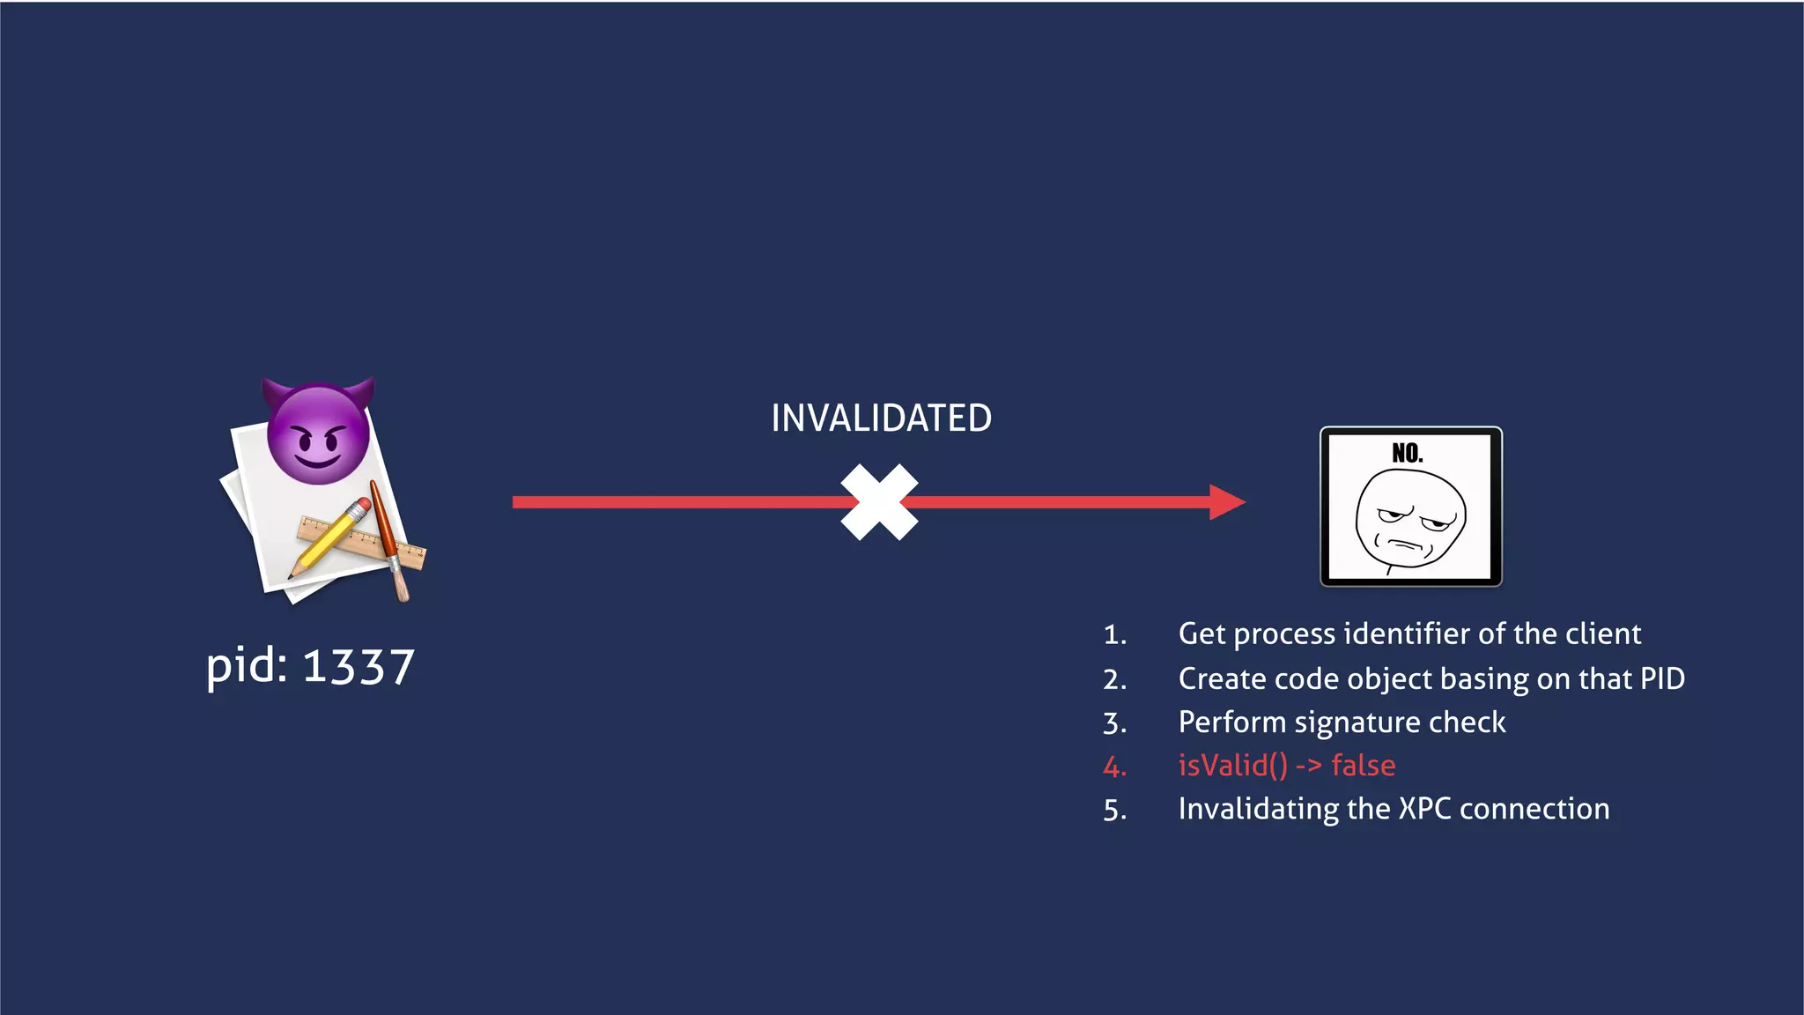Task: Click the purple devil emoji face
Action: (318, 433)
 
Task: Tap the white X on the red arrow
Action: (879, 502)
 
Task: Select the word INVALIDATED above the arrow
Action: (881, 419)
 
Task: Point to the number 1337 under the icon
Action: (359, 667)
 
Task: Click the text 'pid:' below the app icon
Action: (247, 667)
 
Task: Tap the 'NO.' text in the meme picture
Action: (1407, 453)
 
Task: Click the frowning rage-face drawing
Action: (1410, 520)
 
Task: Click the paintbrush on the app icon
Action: (389, 542)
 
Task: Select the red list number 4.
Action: (1114, 767)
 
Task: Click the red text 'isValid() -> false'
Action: (1286, 766)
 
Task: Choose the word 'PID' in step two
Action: (1661, 678)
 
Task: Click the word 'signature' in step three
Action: (1357, 722)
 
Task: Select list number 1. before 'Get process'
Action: (1114, 634)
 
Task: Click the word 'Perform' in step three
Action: (1231, 722)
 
